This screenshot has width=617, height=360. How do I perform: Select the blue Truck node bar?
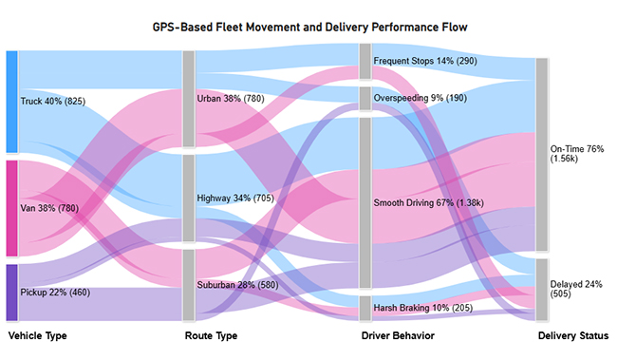(11, 102)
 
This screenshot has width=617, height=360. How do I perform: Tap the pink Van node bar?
(11, 208)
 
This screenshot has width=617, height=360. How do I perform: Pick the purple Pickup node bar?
(11, 293)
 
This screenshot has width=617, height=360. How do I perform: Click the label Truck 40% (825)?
(54, 100)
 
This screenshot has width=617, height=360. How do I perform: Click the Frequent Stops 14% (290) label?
(425, 61)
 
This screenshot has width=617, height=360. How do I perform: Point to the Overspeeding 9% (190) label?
(421, 97)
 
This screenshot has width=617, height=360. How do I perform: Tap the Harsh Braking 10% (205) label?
(422, 309)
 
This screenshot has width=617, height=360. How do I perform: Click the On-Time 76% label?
(576, 155)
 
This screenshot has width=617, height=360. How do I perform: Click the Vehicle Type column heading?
(38, 336)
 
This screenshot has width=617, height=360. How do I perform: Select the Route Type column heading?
(211, 336)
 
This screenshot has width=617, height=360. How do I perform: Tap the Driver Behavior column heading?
(399, 336)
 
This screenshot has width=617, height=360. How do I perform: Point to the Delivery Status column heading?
(573, 336)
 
